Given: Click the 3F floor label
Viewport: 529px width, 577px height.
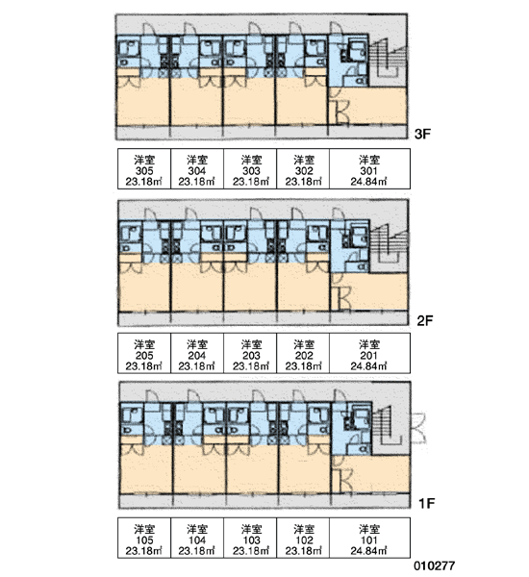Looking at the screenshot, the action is (422, 134).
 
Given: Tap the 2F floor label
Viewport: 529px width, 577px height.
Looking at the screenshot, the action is (425, 320).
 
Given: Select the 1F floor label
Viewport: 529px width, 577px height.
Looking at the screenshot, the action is (427, 503).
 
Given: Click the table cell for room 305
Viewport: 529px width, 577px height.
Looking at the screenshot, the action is (144, 169).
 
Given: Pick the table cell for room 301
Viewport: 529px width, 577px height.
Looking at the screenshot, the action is (369, 169).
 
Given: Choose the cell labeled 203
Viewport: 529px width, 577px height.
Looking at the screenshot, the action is (250, 353).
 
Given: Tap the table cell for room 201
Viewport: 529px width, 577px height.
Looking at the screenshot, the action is (369, 353).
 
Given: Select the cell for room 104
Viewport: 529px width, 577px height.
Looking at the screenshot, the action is (197, 538).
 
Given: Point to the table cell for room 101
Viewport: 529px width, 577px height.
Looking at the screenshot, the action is (369, 538).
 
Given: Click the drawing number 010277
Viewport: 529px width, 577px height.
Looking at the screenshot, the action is (435, 565).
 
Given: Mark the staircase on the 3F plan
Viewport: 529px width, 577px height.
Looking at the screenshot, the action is (389, 60).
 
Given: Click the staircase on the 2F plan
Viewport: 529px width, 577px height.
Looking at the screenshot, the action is (390, 246).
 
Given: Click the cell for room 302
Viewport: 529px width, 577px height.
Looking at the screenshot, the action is (303, 169).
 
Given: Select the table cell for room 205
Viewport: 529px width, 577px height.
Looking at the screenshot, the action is (144, 353).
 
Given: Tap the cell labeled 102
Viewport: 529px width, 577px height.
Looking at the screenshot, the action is (303, 538).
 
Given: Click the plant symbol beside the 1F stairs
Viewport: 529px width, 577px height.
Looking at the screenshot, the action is (418, 428).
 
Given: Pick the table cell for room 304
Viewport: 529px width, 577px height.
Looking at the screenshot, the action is (197, 169).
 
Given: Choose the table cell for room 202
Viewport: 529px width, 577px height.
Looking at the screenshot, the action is (303, 353).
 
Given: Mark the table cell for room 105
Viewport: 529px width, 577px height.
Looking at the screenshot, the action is (144, 538).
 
